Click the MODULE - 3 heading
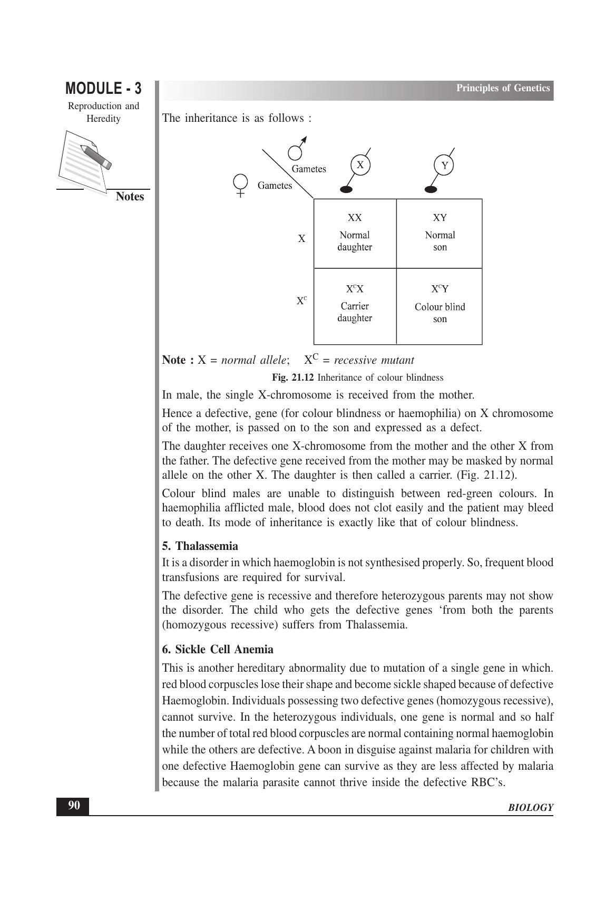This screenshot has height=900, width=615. pos(103,88)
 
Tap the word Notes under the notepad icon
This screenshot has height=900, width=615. pos(130,197)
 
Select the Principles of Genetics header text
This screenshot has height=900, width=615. pos(503,88)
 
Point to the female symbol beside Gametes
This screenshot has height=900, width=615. pos(240,185)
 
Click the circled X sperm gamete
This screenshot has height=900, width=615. pos(359,166)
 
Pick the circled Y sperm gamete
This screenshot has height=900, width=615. pos(444,166)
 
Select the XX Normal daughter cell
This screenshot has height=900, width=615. pos(355,233)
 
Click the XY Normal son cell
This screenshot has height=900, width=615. pos(440,233)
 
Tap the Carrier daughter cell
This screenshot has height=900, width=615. pos(355,306)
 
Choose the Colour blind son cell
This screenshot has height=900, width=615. pos(440,306)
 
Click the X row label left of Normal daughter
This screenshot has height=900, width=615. pos(301,239)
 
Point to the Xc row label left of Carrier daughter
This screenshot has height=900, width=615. pos(301,301)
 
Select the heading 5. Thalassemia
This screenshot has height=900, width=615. pos(200,546)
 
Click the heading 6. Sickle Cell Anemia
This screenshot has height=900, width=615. pos(218,649)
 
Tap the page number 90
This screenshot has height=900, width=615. pos(73,806)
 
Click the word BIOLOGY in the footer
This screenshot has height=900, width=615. pos(531,808)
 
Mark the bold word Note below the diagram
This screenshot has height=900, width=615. pos(174,360)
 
